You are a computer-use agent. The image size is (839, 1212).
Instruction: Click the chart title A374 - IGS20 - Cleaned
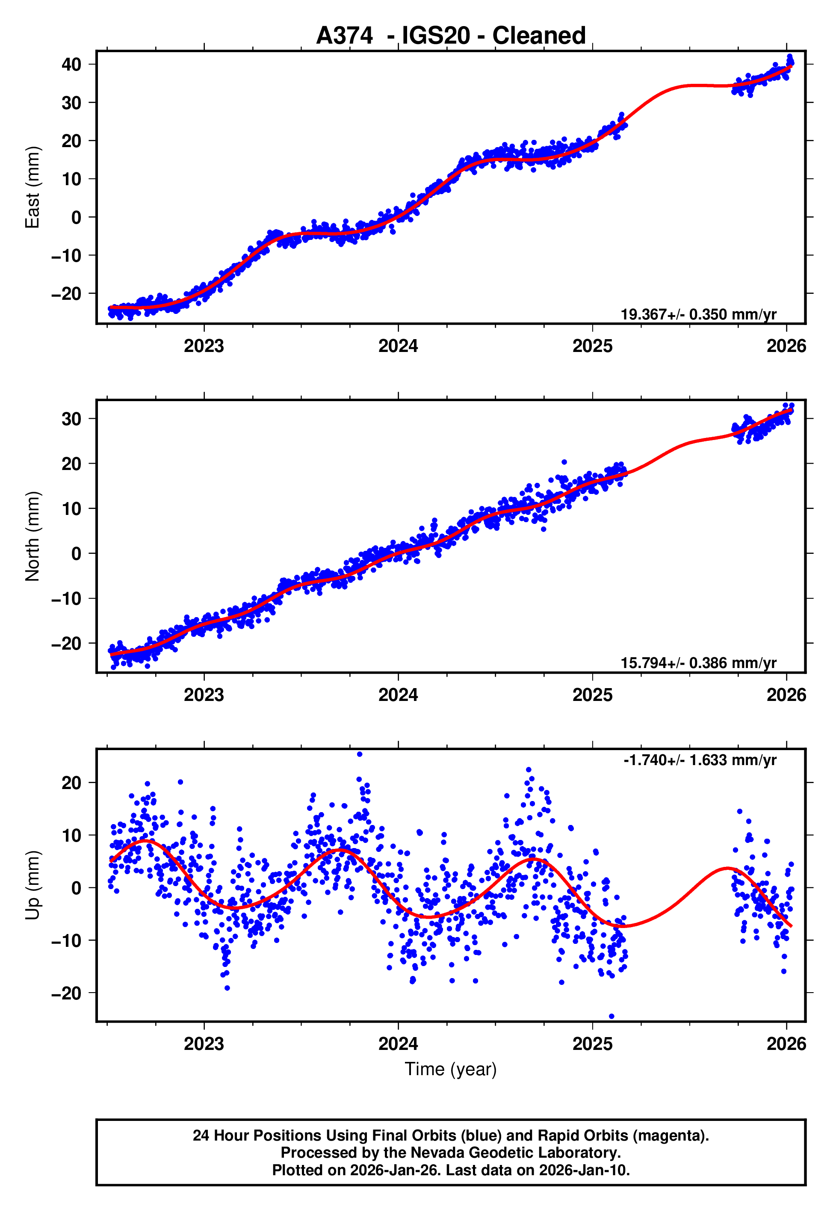451,36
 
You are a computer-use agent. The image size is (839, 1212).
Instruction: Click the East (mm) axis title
32,187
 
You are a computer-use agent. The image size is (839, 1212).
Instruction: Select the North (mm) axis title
32,536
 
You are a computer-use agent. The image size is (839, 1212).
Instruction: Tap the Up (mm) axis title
32,885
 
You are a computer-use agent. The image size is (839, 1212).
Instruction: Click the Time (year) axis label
451,1069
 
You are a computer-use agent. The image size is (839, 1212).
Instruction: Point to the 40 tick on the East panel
71,65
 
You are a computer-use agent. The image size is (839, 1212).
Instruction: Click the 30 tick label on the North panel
71,419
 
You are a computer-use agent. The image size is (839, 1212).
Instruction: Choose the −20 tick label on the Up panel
66,993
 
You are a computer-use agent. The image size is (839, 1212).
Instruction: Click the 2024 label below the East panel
398,346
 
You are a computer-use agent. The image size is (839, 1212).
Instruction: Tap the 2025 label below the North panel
592,695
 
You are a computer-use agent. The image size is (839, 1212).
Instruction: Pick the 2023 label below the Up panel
204,1044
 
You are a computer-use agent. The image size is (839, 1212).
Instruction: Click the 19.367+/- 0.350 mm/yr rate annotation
698,314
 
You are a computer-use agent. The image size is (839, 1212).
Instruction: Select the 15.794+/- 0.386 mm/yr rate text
698,663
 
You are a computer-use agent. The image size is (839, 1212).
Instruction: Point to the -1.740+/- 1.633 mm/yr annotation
700,760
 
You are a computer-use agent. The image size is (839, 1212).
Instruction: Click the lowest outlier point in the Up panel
612,1017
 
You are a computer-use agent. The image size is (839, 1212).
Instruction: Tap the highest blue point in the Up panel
360,754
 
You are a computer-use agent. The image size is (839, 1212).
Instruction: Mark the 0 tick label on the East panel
76,217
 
